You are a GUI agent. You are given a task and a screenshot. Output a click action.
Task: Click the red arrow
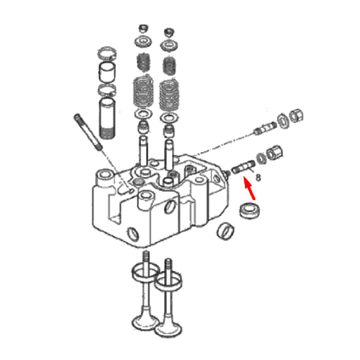pyautogui.click(x=249, y=188)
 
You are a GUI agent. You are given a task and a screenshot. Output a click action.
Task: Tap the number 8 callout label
pyautogui.click(x=258, y=178)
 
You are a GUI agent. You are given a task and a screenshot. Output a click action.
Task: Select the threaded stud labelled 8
pyautogui.click(x=243, y=167)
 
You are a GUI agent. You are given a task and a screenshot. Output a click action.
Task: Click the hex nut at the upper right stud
pyautogui.click(x=297, y=116)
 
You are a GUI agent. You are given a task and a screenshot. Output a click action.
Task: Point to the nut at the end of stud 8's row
pyautogui.click(x=274, y=153)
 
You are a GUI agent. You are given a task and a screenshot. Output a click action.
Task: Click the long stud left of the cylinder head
pyautogui.click(x=89, y=132)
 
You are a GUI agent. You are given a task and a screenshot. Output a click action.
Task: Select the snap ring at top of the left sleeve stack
pyautogui.click(x=107, y=53)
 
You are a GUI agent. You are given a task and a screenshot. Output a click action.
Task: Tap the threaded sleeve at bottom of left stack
pyautogui.click(x=107, y=118)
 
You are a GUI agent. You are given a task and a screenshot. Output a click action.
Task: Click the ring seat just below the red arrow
pyautogui.click(x=251, y=211)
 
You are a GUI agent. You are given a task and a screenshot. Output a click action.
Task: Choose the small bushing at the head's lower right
pyautogui.click(x=226, y=231)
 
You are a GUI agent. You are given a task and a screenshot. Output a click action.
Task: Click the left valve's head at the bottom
pyautogui.click(x=145, y=323)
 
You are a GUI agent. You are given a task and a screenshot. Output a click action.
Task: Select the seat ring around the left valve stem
pyautogui.click(x=145, y=272)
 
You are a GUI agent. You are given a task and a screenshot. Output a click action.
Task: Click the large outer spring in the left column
pyautogui.click(x=143, y=91)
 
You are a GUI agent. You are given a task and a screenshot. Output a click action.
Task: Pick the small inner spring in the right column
pyautogui.click(x=170, y=66)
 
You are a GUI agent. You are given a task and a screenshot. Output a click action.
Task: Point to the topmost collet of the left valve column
pyautogui.click(x=143, y=28)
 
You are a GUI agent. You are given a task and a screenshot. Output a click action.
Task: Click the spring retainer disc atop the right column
pyautogui.click(x=170, y=45)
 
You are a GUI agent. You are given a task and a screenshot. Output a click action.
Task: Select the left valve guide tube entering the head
pyautogui.click(x=143, y=150)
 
